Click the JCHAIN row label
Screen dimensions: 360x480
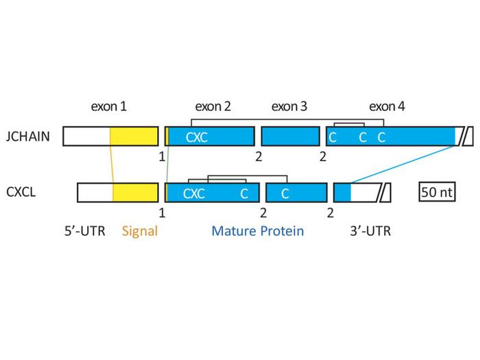(x=27, y=136)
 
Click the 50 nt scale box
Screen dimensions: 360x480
(x=437, y=193)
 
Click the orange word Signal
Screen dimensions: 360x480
(x=140, y=231)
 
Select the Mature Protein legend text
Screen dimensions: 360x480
(x=257, y=231)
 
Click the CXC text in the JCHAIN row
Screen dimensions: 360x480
(x=196, y=136)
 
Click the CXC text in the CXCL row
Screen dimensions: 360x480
(x=194, y=193)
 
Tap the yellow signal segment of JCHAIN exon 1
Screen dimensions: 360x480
(x=134, y=136)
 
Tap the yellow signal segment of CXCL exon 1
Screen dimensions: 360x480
(x=136, y=193)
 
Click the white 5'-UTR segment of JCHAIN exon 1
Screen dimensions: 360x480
(x=86, y=136)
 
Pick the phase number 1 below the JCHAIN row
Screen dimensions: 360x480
(x=162, y=156)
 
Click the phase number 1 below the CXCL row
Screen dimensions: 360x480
(x=162, y=212)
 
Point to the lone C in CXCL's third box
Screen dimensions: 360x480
(x=285, y=193)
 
